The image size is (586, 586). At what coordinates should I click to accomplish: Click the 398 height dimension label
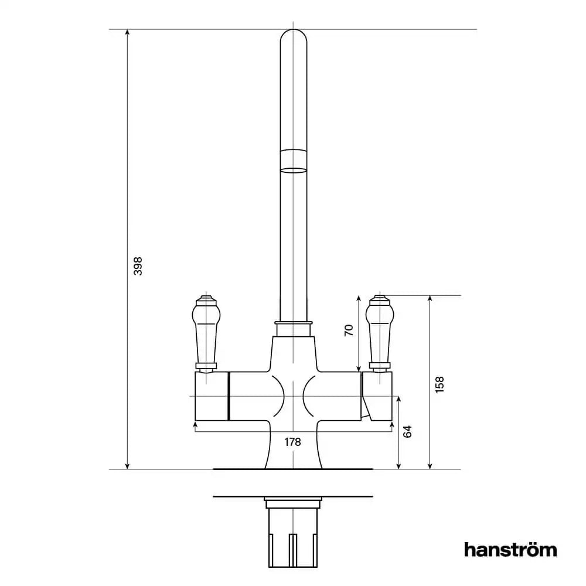[x=138, y=266]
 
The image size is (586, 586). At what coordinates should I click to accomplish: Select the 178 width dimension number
[x=292, y=442]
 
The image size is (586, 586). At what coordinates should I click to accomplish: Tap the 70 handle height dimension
[x=349, y=331]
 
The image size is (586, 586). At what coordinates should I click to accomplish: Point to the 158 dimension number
[x=441, y=384]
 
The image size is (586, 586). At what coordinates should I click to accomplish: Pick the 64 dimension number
[x=408, y=432]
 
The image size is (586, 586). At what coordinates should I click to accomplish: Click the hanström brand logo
[x=510, y=550]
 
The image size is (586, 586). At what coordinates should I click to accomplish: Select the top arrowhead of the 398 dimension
[x=128, y=33]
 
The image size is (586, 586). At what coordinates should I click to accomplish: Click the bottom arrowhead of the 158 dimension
[x=430, y=465]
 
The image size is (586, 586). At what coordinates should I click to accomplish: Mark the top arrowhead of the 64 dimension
[x=400, y=400]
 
